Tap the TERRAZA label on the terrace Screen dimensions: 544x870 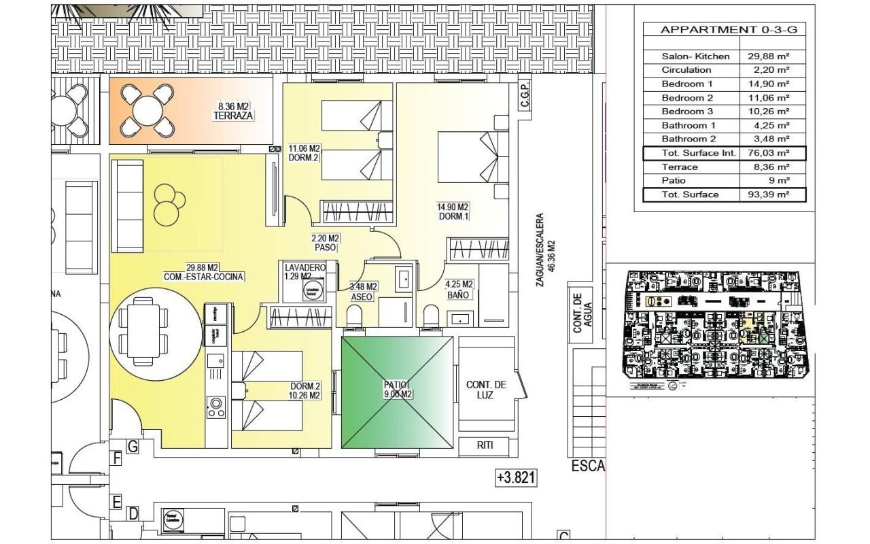click(233, 116)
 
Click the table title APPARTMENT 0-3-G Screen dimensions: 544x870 click(725, 30)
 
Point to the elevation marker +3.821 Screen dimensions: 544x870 click(517, 478)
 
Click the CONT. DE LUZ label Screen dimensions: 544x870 click(486, 390)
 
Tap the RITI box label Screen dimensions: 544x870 click(485, 446)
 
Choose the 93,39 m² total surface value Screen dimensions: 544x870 click(772, 195)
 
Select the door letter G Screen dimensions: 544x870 click(133, 447)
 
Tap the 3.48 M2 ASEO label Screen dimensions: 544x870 click(364, 291)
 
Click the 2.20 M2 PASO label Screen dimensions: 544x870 click(325, 243)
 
